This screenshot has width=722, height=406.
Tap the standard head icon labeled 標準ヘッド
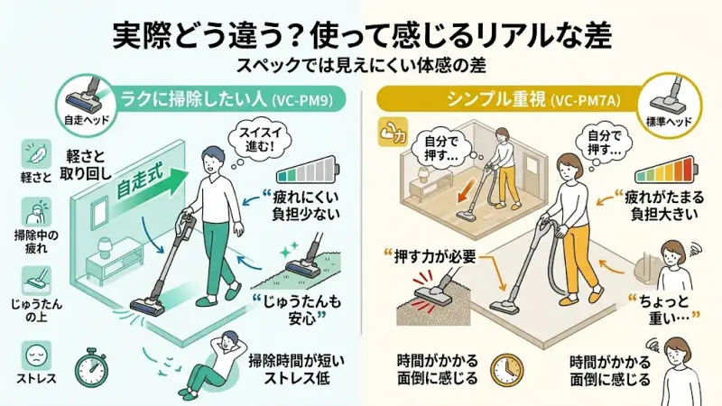(673, 100)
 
